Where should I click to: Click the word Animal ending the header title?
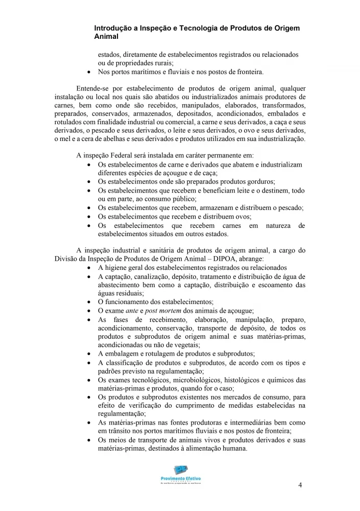click(106, 37)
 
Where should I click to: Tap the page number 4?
click(300, 485)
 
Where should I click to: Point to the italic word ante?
click(132, 311)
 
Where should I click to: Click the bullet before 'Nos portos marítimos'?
click(90, 72)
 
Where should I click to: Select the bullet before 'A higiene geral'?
click(90, 268)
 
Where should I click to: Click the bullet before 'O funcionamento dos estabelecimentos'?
click(90, 302)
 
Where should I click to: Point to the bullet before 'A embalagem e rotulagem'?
click(90, 354)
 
